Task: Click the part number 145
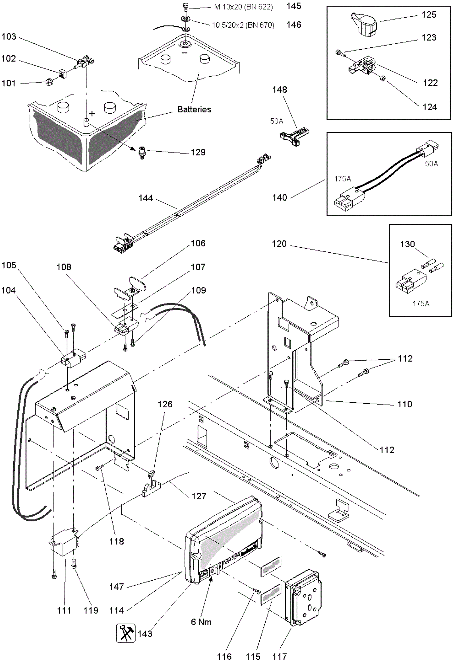click(294, 6)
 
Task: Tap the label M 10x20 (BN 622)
click(243, 7)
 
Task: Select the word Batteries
click(194, 109)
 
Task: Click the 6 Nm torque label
click(201, 622)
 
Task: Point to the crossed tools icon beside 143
click(126, 633)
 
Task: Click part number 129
click(198, 152)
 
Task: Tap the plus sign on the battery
click(92, 114)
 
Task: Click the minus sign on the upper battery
click(185, 53)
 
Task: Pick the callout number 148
click(280, 90)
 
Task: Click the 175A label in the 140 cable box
click(342, 179)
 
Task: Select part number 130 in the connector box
click(407, 244)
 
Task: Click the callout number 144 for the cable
click(146, 198)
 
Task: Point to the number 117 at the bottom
click(280, 657)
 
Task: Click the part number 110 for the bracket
click(405, 404)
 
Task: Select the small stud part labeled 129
click(142, 153)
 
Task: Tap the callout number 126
click(165, 404)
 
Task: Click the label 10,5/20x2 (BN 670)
click(243, 25)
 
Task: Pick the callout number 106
click(198, 243)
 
